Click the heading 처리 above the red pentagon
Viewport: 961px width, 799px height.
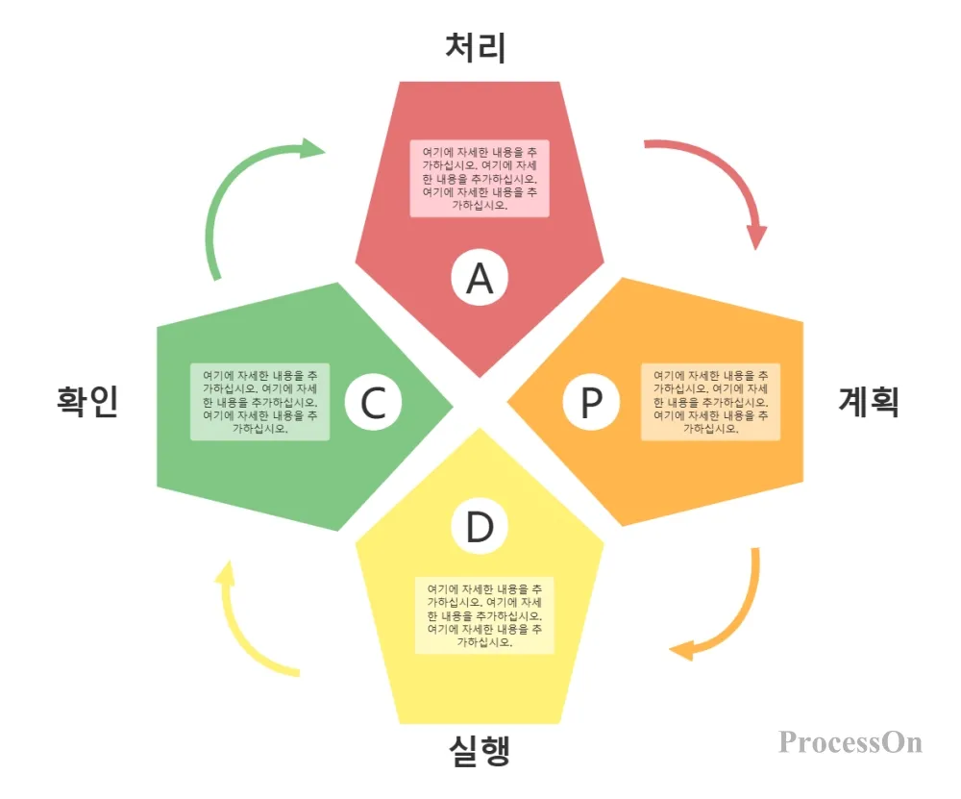(476, 47)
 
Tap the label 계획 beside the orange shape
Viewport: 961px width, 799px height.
(869, 401)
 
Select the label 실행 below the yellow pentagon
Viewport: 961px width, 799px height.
(479, 749)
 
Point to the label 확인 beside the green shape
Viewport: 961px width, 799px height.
(87, 401)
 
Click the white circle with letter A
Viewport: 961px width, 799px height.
(480, 278)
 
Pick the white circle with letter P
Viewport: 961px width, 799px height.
(591, 403)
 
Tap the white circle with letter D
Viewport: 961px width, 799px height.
(480, 528)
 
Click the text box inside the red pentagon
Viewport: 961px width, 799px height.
(480, 179)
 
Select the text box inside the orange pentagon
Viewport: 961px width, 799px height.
(710, 402)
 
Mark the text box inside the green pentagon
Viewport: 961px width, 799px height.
(259, 402)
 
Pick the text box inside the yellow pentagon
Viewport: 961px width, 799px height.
(484, 615)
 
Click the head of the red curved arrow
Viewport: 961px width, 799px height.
(757, 236)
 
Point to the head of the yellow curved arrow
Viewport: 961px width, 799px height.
(224, 575)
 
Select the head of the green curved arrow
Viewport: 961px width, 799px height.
(312, 148)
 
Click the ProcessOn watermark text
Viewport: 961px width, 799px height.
(850, 742)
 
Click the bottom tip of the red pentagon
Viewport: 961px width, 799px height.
(480, 376)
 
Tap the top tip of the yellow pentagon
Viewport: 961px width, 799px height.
(480, 430)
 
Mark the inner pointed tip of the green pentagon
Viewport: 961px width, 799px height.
(452, 403)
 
